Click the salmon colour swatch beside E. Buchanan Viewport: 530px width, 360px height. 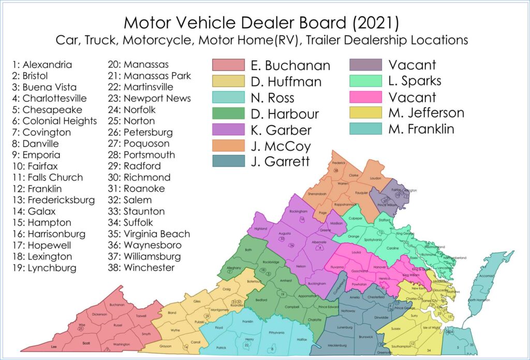click(x=228, y=65)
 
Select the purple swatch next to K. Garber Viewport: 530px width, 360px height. click(x=228, y=129)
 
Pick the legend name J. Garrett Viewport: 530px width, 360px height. click(x=280, y=161)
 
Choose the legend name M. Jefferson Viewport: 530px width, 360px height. click(x=426, y=113)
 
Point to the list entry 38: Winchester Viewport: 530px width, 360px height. click(x=141, y=268)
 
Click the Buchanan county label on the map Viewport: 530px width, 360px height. click(x=117, y=305)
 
